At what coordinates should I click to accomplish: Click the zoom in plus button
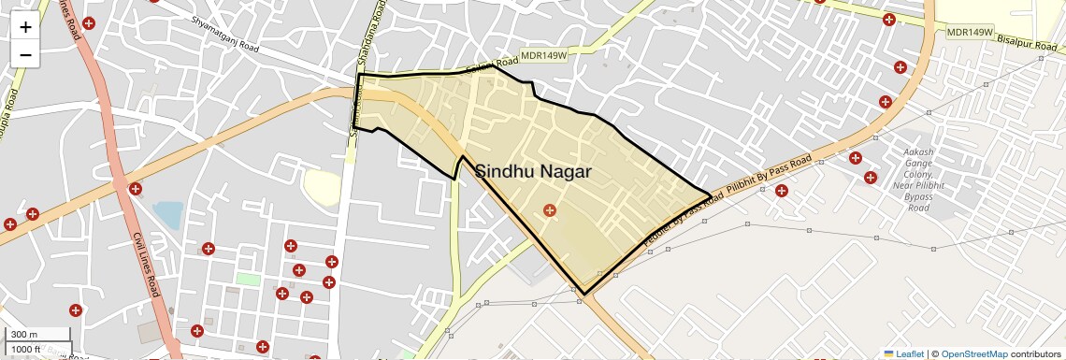pos(25,27)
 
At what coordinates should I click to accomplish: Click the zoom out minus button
pos(25,55)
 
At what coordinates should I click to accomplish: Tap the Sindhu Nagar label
pos(531,171)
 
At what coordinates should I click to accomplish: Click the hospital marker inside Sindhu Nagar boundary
pos(550,210)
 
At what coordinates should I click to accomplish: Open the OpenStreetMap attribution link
pos(973,354)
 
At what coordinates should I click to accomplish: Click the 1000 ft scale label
pos(25,349)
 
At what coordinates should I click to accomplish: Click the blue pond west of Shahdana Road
pos(169,215)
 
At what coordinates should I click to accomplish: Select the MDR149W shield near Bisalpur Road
pos(968,32)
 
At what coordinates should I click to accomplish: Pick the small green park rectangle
pos(248,279)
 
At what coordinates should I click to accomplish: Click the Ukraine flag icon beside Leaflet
pos(888,354)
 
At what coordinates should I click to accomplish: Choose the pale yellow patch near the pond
pos(323,188)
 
